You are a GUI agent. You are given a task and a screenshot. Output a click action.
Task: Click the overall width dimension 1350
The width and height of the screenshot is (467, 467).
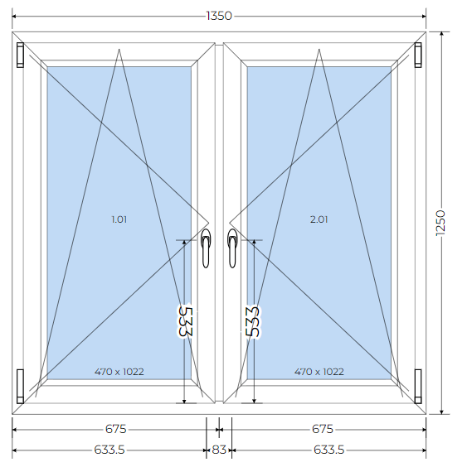(x=219, y=16)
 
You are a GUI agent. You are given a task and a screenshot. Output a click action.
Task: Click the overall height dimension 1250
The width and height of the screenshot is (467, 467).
(x=440, y=223)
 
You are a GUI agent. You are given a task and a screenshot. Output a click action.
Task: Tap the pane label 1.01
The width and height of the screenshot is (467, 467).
(x=119, y=219)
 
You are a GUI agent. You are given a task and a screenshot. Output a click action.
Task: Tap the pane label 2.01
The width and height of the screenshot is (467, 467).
(x=319, y=219)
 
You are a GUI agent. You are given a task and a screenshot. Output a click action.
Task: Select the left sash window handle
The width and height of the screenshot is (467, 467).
(x=206, y=248)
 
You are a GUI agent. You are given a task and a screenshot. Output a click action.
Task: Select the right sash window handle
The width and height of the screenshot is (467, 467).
(x=232, y=248)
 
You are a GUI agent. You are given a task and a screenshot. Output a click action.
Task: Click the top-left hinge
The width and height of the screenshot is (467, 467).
(x=20, y=55)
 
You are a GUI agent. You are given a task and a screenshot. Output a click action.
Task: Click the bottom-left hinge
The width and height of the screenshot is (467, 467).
(x=20, y=387)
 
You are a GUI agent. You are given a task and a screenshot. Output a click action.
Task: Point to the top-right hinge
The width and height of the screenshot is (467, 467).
(x=418, y=55)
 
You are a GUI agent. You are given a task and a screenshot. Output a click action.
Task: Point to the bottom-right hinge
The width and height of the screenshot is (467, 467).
(x=418, y=387)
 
